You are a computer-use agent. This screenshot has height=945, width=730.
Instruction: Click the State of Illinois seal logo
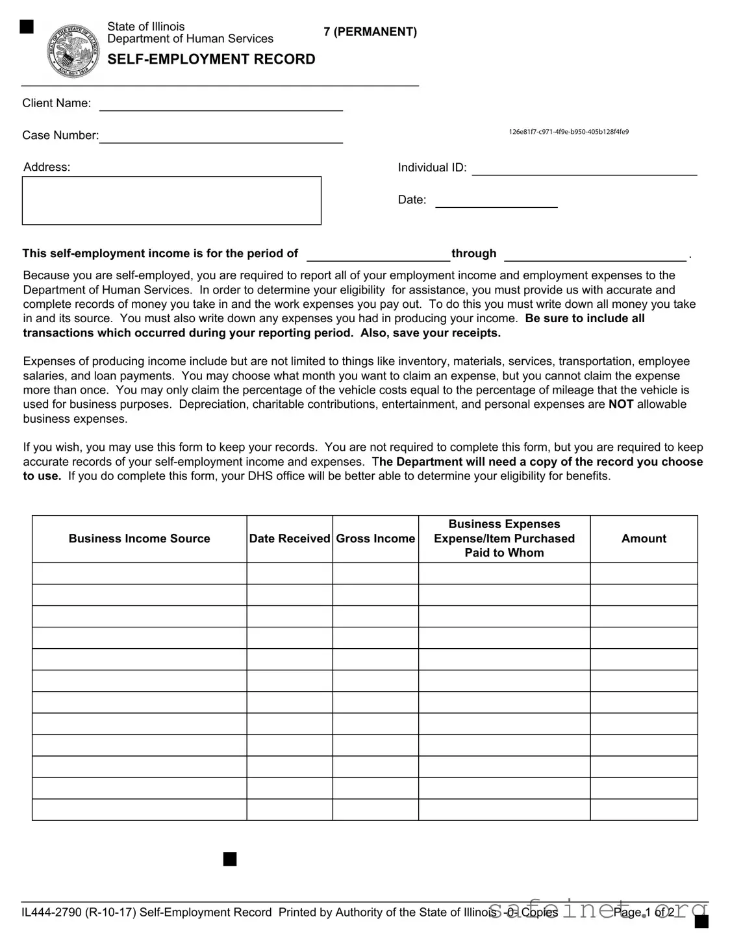[x=73, y=51]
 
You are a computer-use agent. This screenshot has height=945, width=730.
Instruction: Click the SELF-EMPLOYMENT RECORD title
[x=211, y=59]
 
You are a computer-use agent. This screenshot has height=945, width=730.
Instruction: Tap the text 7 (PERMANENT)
[x=370, y=32]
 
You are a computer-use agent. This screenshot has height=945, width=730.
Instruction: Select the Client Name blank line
[x=220, y=106]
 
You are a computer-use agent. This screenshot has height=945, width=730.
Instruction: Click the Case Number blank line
[x=220, y=138]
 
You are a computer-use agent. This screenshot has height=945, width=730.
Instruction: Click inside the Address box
[x=171, y=201]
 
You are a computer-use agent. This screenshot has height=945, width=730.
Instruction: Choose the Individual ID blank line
[x=584, y=170]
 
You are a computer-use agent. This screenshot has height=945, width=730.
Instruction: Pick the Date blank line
[x=496, y=202]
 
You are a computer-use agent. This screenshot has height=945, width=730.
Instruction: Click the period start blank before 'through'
[x=378, y=255]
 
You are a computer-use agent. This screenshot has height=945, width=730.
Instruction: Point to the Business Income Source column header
[x=139, y=538]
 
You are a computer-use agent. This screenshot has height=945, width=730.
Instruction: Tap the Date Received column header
[x=290, y=538]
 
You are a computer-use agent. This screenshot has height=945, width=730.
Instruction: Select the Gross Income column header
[x=375, y=538]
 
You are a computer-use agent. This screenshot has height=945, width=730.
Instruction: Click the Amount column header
[x=644, y=538]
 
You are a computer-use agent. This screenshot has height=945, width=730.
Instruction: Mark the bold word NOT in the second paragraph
[x=620, y=404]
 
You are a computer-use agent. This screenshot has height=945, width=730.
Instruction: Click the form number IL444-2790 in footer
[x=51, y=913]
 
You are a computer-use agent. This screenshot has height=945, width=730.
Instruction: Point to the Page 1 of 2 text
[x=644, y=913]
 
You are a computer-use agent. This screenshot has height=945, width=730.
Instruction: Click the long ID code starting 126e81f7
[x=568, y=132]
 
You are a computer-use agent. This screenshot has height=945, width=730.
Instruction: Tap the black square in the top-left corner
[x=27, y=27]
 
